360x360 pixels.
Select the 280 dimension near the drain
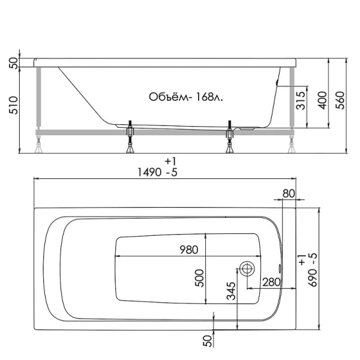(269, 282)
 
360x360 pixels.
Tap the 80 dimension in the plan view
(289, 193)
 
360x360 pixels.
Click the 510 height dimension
(13, 107)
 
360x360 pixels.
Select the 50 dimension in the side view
(13, 63)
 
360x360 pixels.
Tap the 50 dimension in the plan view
(208, 341)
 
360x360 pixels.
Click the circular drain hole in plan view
(247, 268)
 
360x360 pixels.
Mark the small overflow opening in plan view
(280, 268)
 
